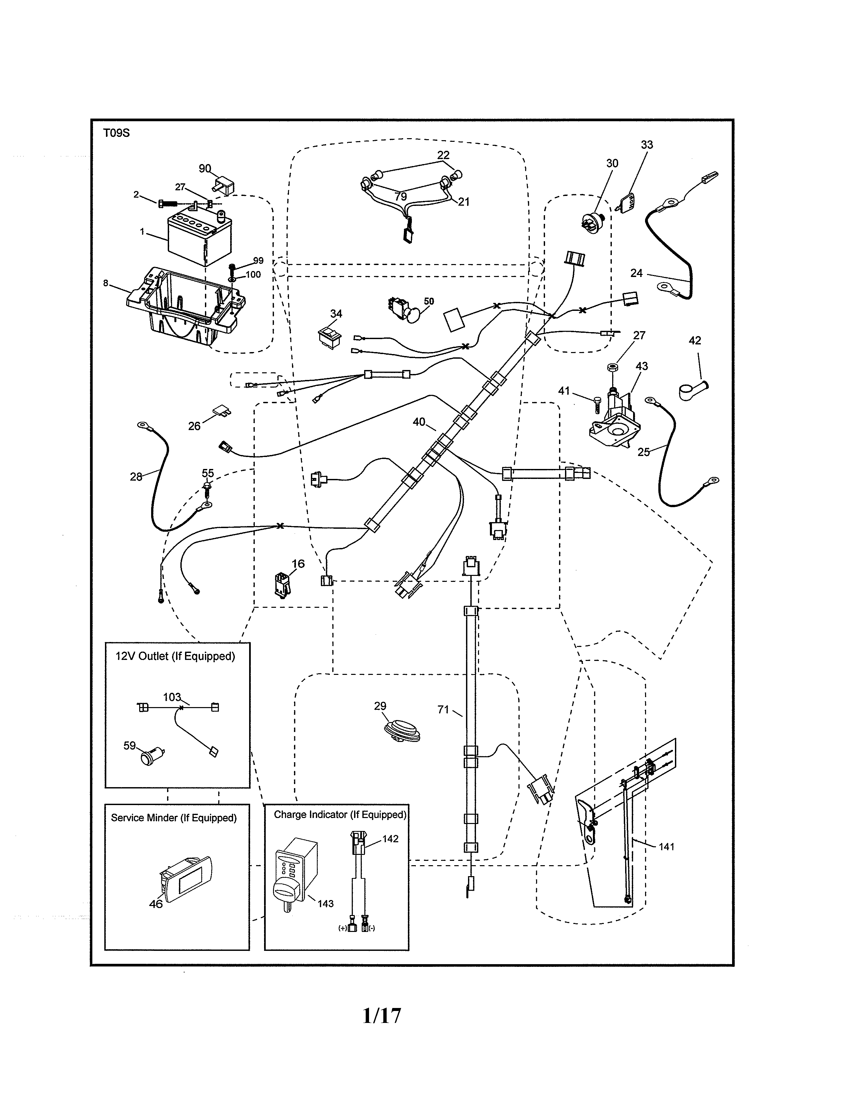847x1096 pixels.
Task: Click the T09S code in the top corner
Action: pyautogui.click(x=116, y=133)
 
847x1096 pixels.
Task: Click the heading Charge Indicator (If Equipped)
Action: pyautogui.click(x=340, y=814)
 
